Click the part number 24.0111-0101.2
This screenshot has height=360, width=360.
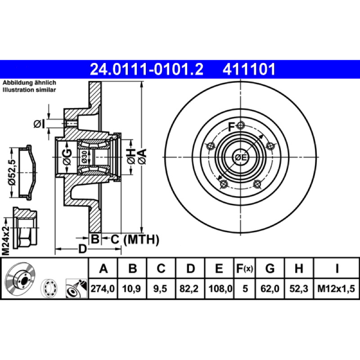pos(147,69)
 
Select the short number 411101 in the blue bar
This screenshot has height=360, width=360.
pos(249,69)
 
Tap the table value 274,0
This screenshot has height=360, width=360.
pos(103,288)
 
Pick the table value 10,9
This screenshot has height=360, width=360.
pos(131,288)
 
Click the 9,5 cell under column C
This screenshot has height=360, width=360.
pos(160,288)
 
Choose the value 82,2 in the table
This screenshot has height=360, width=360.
pos(189,288)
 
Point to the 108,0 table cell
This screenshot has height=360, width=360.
pos(220,288)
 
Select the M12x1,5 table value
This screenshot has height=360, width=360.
pos(336,288)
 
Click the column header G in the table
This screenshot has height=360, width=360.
pos(270,268)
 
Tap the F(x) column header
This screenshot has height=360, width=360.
pos(244,268)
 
